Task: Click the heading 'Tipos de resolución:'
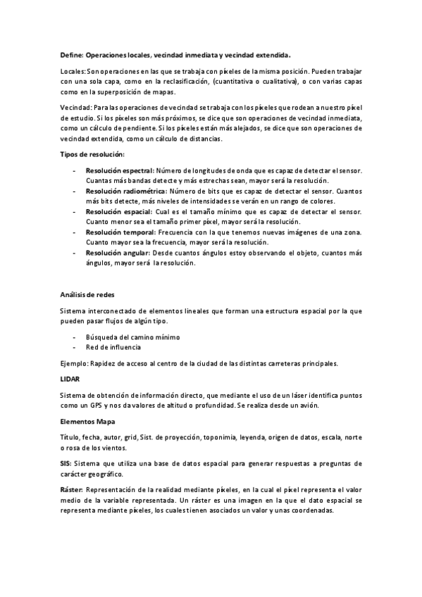coord(92,154)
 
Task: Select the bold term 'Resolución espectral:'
coord(119,171)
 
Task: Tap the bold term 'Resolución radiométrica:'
coord(126,191)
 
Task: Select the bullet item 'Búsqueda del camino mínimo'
coord(132,337)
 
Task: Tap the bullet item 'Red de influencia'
coord(112,347)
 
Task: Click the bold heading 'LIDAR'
coord(69,379)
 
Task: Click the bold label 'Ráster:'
coord(72,488)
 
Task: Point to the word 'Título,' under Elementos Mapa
coord(70,437)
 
